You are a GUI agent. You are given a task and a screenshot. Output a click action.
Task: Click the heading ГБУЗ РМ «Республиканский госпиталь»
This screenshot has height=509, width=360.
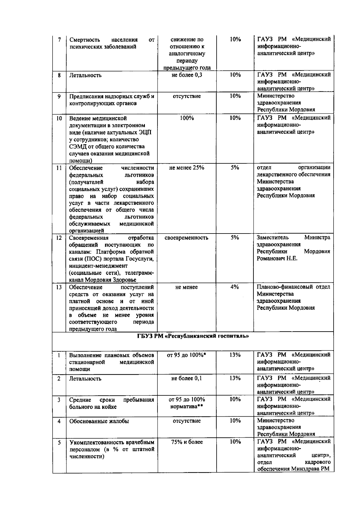[x=193, y=336]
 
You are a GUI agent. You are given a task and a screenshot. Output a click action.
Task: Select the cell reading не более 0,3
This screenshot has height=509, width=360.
[x=187, y=75]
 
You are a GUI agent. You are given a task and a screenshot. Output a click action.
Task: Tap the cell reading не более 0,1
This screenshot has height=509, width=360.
[x=187, y=378]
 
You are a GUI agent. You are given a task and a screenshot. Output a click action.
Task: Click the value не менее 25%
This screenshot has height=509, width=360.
[x=187, y=168]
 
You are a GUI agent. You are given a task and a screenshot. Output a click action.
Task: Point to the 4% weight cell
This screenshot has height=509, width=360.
[x=235, y=287]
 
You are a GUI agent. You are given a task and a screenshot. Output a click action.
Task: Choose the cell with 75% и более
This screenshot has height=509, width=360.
[x=187, y=442]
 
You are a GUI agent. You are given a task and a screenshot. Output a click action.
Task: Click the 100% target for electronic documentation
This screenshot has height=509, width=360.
[x=187, y=118]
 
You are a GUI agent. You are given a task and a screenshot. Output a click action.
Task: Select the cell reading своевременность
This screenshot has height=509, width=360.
[x=187, y=238]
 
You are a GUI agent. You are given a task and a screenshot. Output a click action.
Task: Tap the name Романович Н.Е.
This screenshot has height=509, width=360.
[x=277, y=258]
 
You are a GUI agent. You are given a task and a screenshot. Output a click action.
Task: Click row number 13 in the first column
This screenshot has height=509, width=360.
[x=59, y=287]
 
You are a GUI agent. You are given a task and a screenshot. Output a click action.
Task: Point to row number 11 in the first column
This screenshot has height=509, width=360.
[x=59, y=168]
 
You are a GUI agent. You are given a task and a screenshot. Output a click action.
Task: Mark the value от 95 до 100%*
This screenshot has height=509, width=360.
[x=187, y=355]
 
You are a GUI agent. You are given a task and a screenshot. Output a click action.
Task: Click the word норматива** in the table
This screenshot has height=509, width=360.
[x=187, y=407]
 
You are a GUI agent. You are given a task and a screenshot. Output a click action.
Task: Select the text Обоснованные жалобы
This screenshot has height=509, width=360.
[x=99, y=421]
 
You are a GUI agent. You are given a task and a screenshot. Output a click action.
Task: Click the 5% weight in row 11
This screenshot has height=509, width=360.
[x=235, y=168]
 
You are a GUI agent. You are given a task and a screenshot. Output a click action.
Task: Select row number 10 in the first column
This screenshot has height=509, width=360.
[x=59, y=118]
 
